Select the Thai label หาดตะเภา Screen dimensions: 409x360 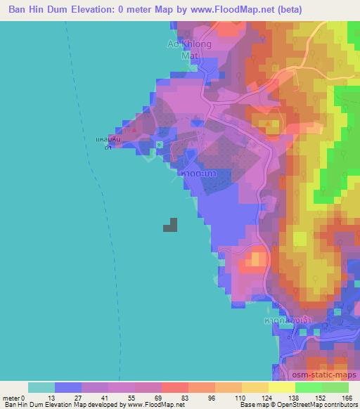click(198, 171)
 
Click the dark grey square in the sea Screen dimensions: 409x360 click(170, 225)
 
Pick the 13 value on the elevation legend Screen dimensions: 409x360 click(55, 397)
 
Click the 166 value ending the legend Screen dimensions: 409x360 click(347, 397)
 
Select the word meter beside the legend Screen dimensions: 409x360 click(12, 397)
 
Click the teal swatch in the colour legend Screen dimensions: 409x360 click(41, 387)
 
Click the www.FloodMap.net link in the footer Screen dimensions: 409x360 click(153, 404)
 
